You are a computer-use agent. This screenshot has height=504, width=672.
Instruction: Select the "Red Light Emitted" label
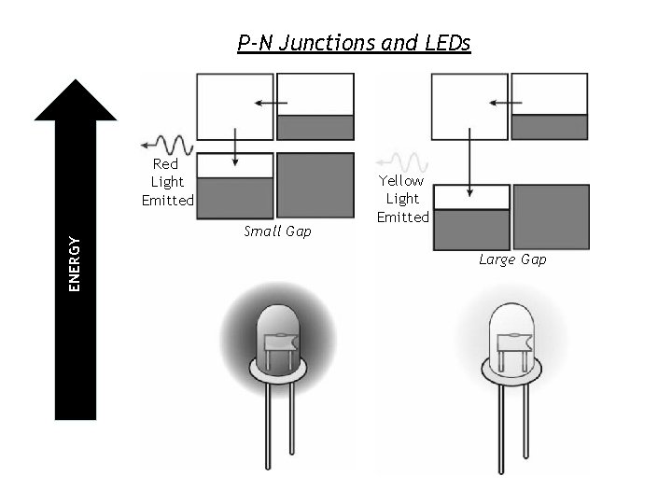[x=167, y=182]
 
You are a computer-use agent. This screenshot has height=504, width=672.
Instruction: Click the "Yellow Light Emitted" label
[x=402, y=199]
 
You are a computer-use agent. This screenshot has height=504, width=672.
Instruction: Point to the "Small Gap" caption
[x=276, y=231]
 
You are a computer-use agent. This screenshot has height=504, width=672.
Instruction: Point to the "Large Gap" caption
[x=512, y=259]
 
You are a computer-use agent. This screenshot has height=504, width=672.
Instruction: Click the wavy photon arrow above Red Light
[x=168, y=145]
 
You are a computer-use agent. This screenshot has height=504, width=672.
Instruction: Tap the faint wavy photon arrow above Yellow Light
[x=402, y=161]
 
